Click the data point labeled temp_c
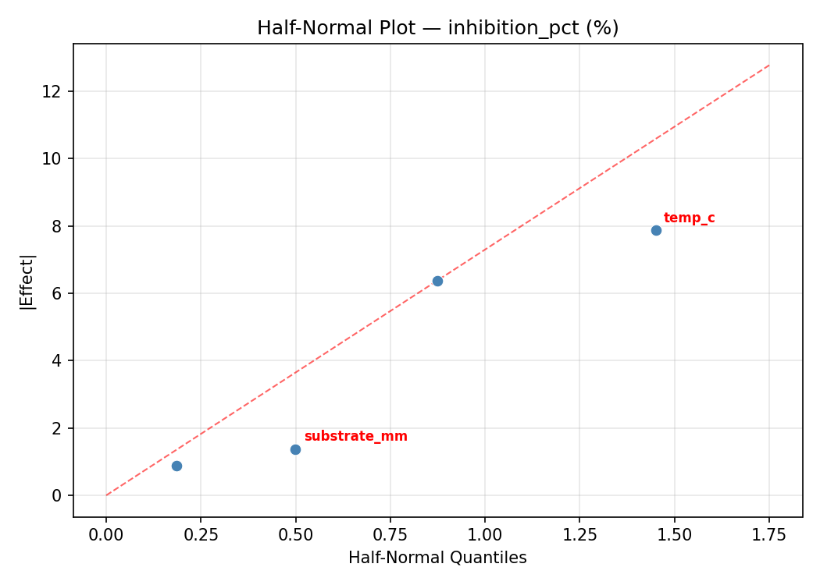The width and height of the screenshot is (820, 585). point(656,230)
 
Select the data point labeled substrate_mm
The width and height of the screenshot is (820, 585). point(295,449)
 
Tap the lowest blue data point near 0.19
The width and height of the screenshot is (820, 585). point(176,466)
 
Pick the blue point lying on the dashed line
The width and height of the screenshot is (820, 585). point(437,281)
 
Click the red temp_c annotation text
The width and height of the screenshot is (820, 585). point(689,218)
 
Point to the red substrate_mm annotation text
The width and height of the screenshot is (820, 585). point(355,437)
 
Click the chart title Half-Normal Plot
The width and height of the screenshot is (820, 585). point(437,28)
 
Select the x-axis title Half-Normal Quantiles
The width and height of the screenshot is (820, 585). point(437,558)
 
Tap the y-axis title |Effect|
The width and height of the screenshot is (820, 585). point(27,281)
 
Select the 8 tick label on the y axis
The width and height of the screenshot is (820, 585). point(59,226)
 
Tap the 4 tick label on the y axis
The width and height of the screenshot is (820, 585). point(59,360)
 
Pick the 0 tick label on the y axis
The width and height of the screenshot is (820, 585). point(59,495)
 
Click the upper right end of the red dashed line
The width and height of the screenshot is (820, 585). point(768,66)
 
